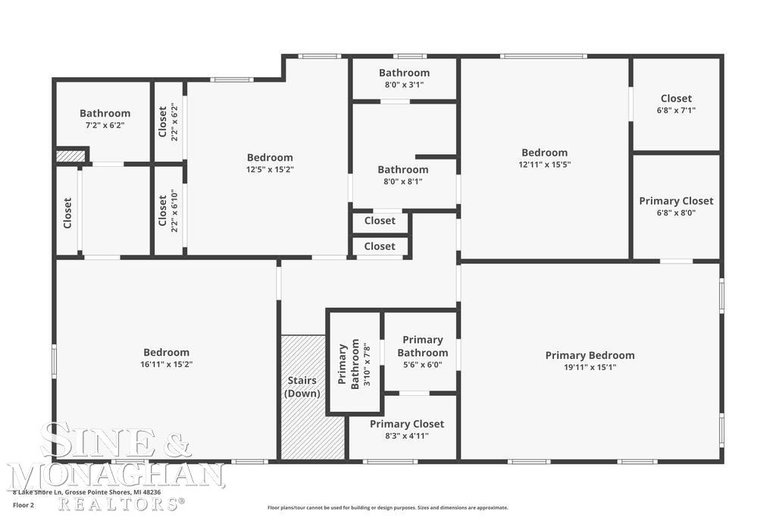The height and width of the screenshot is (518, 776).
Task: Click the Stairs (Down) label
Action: coord(302,387)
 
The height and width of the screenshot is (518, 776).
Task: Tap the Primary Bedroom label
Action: coord(590,355)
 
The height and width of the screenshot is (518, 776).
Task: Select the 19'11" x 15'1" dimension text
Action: coord(590,368)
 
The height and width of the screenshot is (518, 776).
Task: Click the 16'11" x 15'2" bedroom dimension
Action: coord(167,364)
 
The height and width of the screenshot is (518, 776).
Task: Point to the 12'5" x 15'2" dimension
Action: coord(270,170)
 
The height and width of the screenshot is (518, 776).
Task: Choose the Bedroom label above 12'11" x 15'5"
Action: coord(544,152)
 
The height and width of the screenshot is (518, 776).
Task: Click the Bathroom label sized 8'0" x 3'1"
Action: coord(404,73)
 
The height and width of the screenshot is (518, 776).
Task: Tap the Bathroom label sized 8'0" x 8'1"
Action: coord(403,169)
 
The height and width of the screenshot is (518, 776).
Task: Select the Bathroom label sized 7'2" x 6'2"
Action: coord(105,113)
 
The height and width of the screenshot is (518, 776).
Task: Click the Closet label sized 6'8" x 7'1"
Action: coord(676,98)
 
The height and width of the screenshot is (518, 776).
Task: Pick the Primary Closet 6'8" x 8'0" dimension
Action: coord(676,213)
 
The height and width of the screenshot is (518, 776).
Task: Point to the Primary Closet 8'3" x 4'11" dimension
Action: coord(407,436)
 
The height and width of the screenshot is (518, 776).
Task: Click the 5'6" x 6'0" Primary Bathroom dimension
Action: coord(422,365)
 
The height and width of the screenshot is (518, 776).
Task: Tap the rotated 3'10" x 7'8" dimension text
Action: coord(367,365)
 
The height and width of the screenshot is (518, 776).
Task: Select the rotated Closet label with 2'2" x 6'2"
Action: coord(162,121)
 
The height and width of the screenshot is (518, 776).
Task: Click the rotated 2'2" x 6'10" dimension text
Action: coord(174,215)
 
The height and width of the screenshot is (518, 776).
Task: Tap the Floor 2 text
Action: coord(23,505)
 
